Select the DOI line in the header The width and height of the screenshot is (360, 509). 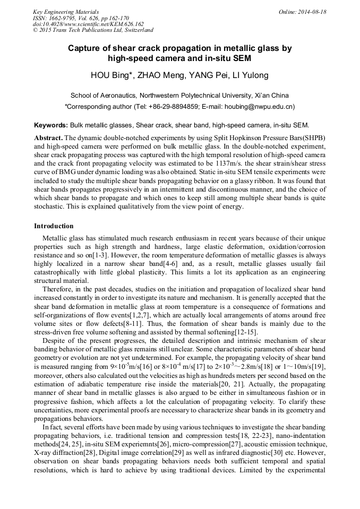(x=88, y=24)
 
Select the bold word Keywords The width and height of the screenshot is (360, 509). (x=50, y=125)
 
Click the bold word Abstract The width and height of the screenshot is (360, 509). (x=48, y=137)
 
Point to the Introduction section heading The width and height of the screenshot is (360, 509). (x=54, y=226)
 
